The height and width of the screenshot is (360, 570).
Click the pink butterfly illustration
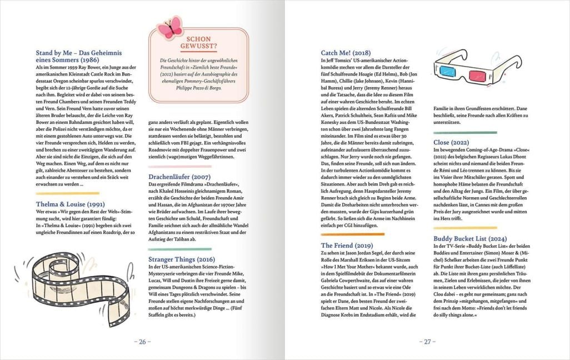(x=170, y=27)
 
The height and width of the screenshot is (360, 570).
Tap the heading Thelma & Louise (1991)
(x=70, y=204)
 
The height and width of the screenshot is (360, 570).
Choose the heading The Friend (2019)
(x=347, y=245)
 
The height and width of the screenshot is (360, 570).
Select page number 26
(x=142, y=342)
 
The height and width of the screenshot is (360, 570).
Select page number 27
(x=427, y=342)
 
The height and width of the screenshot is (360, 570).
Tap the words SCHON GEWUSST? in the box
(x=198, y=43)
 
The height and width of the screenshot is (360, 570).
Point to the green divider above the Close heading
(x=464, y=133)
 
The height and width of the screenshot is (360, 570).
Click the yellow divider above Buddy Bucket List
(x=464, y=228)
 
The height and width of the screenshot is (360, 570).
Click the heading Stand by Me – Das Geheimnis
(x=71, y=56)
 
